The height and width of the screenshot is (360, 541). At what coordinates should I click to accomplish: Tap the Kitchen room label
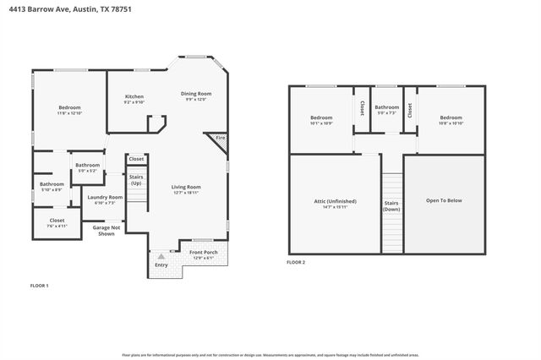[135, 96]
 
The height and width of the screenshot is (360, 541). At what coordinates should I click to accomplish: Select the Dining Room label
[195, 93]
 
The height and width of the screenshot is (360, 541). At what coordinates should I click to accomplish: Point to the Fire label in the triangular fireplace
[220, 138]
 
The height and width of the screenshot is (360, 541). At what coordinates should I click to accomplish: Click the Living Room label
[185, 187]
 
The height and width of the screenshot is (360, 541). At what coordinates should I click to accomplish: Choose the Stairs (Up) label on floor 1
[136, 180]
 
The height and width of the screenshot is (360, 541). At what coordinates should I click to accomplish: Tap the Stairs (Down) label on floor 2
[391, 206]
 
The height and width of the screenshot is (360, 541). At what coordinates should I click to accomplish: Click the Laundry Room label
[106, 197]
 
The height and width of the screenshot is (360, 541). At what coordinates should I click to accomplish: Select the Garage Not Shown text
[106, 231]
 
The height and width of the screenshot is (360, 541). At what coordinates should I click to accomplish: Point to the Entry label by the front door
[161, 265]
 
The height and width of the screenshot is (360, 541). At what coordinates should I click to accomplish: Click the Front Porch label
[203, 253]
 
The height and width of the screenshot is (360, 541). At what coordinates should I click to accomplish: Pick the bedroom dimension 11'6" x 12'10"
[69, 112]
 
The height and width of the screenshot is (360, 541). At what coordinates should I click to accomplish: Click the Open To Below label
[444, 200]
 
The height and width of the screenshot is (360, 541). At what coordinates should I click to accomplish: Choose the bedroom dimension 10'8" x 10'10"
[451, 123]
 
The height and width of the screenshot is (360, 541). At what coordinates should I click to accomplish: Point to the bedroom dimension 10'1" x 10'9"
[321, 123]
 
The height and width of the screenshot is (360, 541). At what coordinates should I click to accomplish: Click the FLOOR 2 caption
[296, 263]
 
